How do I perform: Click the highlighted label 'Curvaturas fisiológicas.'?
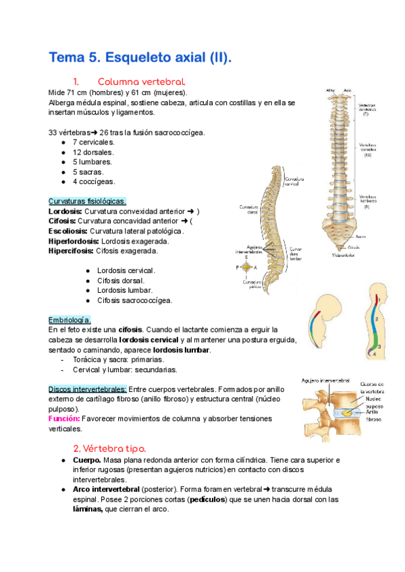87,201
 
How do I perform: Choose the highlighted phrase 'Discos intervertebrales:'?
87,389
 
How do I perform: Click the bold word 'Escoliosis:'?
70,231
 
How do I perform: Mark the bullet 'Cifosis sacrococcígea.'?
134,300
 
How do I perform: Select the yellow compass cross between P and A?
246,266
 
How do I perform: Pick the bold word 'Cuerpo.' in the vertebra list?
86,460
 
